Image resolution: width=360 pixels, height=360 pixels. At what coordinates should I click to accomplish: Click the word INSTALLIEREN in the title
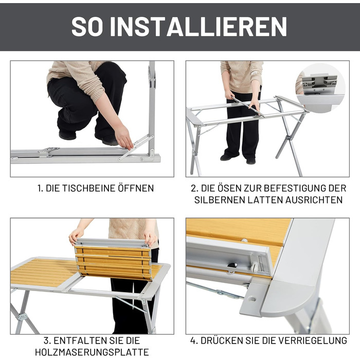[x=199, y=26]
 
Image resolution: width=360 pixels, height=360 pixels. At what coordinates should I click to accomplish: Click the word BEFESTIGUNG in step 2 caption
[x=295, y=188]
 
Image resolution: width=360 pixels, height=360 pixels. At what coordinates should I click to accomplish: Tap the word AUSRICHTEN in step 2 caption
[x=314, y=200]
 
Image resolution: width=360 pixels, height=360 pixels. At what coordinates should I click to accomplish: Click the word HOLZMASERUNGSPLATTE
[x=92, y=352]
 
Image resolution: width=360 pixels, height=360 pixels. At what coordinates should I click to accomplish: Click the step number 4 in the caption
[x=193, y=340]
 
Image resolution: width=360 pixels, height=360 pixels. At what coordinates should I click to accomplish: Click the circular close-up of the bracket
[x=321, y=88]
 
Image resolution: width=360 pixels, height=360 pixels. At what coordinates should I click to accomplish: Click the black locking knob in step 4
[x=232, y=265]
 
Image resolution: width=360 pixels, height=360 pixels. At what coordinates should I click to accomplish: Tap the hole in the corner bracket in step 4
[x=252, y=299]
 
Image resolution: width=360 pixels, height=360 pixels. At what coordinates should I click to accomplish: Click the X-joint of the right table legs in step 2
[x=289, y=138]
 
